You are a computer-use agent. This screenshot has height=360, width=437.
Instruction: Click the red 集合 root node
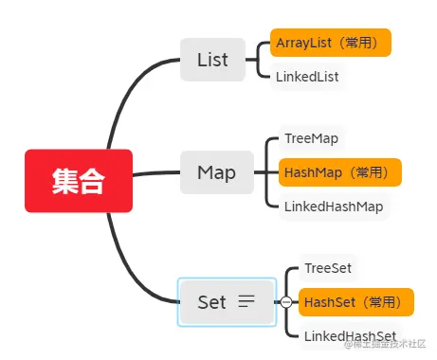(x=79, y=180)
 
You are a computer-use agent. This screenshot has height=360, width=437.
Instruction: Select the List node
(x=212, y=60)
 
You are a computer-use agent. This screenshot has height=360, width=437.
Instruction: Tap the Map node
(x=216, y=172)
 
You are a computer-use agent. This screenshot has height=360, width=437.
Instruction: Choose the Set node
(x=212, y=302)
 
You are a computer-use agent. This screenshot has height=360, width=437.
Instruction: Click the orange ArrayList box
(x=331, y=43)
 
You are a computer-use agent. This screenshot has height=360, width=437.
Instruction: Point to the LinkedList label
(x=307, y=77)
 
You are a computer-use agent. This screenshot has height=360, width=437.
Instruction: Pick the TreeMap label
(x=311, y=138)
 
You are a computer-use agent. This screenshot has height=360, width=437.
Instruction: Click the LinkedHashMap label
(x=337, y=206)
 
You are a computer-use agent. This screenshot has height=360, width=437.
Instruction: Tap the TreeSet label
(x=328, y=268)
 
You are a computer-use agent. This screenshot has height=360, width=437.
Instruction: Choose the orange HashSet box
(x=356, y=302)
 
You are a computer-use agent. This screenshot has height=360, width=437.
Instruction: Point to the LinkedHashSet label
(x=350, y=336)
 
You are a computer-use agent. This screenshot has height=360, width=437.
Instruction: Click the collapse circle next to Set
(x=285, y=302)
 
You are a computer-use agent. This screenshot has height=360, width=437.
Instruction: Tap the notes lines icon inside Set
(x=246, y=302)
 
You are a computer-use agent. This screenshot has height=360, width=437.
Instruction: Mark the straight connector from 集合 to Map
(x=156, y=174)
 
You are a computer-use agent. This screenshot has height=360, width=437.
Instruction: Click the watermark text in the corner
(x=389, y=344)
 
